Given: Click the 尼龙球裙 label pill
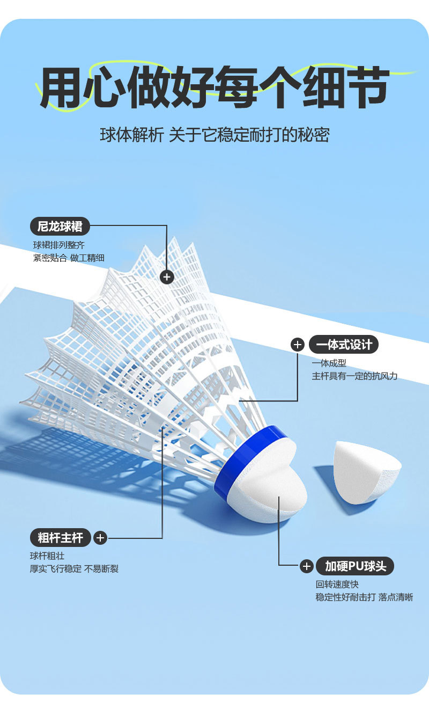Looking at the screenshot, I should (x=60, y=227).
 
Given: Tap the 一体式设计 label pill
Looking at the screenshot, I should (x=344, y=344).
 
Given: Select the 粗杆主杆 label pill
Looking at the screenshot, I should (x=60, y=537).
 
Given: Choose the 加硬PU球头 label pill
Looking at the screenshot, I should (x=355, y=566).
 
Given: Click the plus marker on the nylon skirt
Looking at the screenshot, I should (x=167, y=276).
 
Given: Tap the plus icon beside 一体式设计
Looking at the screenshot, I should (x=298, y=345).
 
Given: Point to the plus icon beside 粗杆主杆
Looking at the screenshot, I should (x=100, y=537).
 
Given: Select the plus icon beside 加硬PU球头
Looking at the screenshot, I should (x=306, y=566).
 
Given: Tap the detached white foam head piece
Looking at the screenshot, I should (x=366, y=472).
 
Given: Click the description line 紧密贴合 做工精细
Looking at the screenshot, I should (x=69, y=258).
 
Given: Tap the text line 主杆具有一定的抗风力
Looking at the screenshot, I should (x=354, y=376).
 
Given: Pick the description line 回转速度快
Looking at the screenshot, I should (x=337, y=584).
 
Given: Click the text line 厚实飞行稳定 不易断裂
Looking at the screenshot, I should (x=74, y=568).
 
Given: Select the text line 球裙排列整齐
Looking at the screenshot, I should (x=59, y=245).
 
